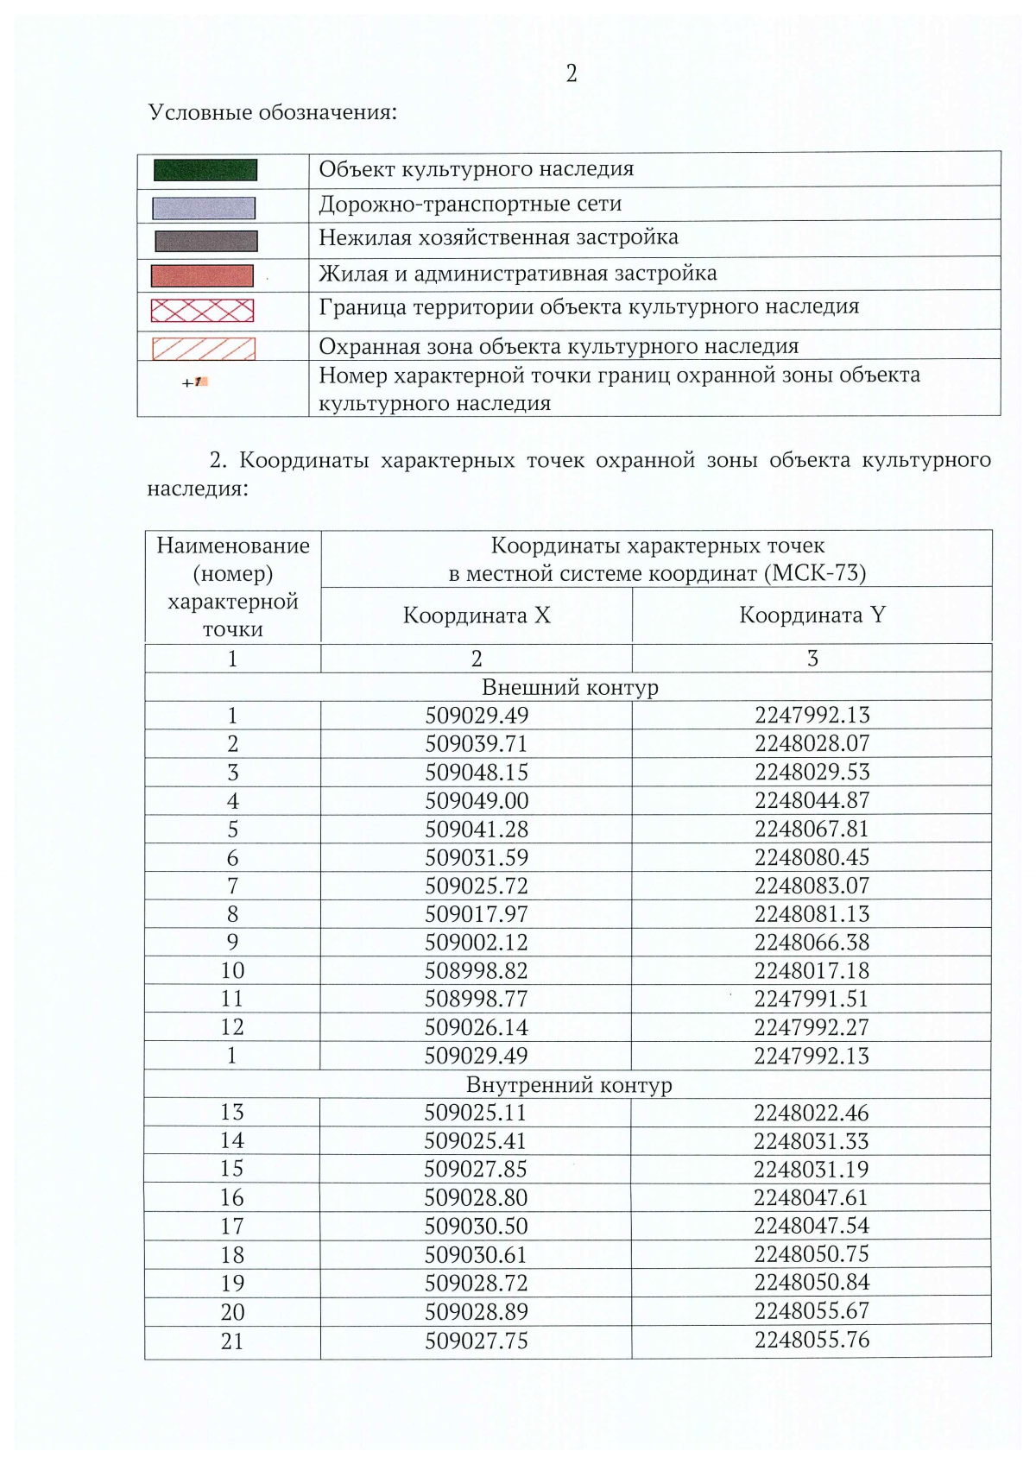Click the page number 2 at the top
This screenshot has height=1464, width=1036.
click(x=571, y=74)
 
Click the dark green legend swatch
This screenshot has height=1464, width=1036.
click(x=205, y=170)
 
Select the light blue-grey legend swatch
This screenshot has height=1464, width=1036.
click(x=204, y=208)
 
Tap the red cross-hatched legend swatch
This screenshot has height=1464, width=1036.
click(x=203, y=310)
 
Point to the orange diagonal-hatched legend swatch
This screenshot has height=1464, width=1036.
click(x=204, y=348)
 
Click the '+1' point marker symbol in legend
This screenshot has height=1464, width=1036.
click(x=194, y=382)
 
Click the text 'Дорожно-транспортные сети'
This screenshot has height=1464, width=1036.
click(x=470, y=205)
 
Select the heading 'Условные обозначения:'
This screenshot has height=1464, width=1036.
click(x=272, y=113)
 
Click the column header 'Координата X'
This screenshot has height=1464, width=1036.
click(x=476, y=615)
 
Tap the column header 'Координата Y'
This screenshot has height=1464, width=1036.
click(x=812, y=615)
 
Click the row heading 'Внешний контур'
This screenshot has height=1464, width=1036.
click(x=569, y=688)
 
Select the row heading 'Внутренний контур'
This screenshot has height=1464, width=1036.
click(x=569, y=1085)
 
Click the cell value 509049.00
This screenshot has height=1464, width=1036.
click(x=476, y=801)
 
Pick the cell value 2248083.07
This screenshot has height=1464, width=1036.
click(x=812, y=886)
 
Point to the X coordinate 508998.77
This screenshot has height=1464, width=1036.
click(x=476, y=999)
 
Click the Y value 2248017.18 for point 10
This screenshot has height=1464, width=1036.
click(x=812, y=970)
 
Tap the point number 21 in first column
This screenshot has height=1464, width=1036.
click(x=232, y=1341)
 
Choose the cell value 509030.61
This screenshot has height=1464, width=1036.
click(x=476, y=1255)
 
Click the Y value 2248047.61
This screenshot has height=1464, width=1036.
click(x=812, y=1197)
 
